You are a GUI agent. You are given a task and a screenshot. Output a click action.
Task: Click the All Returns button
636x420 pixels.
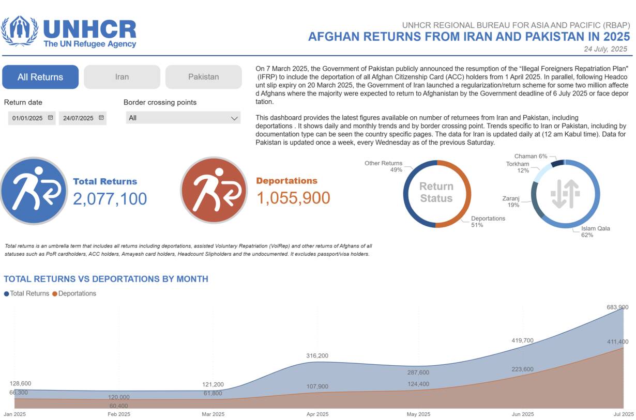[x=40, y=77]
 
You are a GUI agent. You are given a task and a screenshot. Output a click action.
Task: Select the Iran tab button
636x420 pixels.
[x=122, y=77]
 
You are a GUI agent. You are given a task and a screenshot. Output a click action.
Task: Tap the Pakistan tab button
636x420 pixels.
[x=203, y=77]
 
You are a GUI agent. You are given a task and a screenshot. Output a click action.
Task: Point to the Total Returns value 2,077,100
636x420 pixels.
[x=110, y=198]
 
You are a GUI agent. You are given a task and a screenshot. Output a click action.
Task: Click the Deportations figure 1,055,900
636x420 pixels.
[x=293, y=197]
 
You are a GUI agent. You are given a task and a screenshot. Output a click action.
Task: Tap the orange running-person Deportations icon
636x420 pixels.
[x=214, y=190]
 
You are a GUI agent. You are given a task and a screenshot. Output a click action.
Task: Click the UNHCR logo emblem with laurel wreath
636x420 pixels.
[x=20, y=31]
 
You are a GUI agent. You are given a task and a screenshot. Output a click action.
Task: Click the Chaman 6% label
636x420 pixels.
[x=531, y=156]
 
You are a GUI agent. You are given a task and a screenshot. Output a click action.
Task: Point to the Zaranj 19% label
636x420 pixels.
[x=512, y=201]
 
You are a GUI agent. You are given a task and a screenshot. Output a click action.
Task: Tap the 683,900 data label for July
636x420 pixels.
[x=617, y=307]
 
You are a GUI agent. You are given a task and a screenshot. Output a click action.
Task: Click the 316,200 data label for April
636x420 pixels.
[x=317, y=356]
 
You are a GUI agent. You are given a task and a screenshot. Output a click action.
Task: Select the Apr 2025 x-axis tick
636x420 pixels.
[x=317, y=414]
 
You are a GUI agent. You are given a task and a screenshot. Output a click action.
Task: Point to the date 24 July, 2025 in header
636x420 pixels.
[x=605, y=49]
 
